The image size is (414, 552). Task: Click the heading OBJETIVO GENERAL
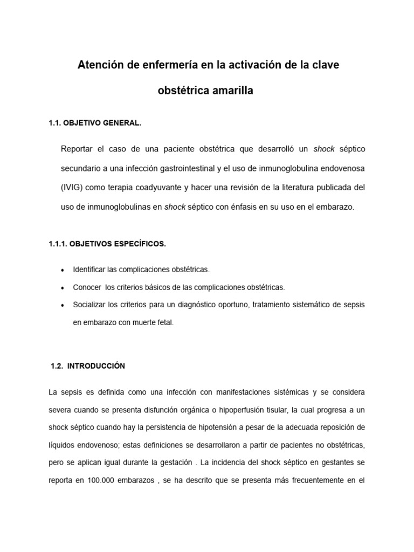(x=102, y=123)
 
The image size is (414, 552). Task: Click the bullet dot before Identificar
(x=64, y=270)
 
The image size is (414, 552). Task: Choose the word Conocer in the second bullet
(x=87, y=287)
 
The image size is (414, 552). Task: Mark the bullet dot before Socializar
(x=64, y=305)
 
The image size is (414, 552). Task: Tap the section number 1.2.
(x=56, y=366)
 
